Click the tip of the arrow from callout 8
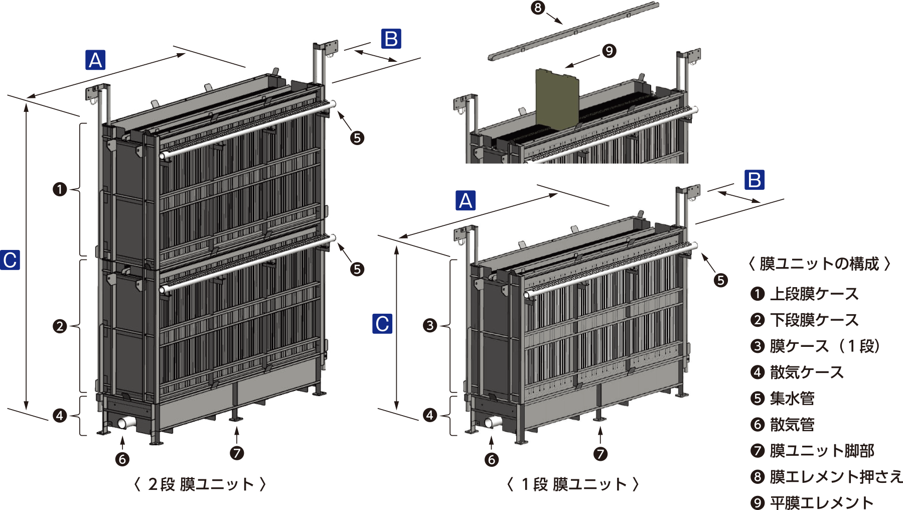pyautogui.click(x=563, y=24)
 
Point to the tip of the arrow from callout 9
pyautogui.click(x=565, y=67)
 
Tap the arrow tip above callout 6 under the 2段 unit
pyautogui.click(x=122, y=436)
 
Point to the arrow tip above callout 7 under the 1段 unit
pyautogui.click(x=600, y=427)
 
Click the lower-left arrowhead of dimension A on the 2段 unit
pyautogui.click(x=28, y=97)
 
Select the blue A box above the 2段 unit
pyautogui.click(x=95, y=60)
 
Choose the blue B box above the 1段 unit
pyautogui.click(x=755, y=180)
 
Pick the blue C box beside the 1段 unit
pyautogui.click(x=382, y=324)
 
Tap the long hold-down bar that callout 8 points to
pyautogui.click(x=573, y=31)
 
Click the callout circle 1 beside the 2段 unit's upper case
pyautogui.click(x=60, y=189)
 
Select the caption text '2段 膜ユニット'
pyautogui.click(x=201, y=484)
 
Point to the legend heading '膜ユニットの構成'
pyautogui.click(x=819, y=264)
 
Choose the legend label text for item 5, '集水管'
pyautogui.click(x=792, y=398)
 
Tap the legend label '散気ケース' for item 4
pyautogui.click(x=807, y=372)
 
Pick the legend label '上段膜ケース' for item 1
pyautogui.click(x=814, y=294)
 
